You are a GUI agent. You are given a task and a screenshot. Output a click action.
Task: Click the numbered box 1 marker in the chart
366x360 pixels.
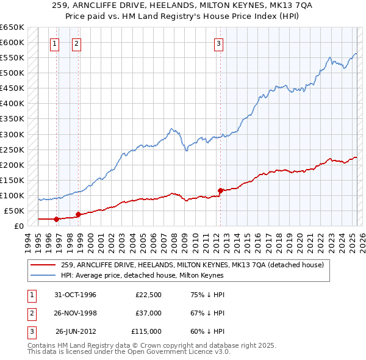click(x=55, y=43)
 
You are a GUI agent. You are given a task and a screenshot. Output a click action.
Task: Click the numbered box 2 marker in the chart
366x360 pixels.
click(x=77, y=43)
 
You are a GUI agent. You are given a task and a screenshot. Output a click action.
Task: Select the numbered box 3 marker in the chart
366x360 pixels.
click(x=218, y=43)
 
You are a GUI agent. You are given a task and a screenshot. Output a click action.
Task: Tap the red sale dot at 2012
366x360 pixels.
click(x=220, y=190)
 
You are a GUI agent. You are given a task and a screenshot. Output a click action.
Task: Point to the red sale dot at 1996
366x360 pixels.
click(x=57, y=219)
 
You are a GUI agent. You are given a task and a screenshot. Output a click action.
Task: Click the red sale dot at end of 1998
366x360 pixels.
click(x=78, y=214)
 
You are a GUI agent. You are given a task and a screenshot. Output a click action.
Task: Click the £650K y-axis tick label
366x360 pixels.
click(x=12, y=27)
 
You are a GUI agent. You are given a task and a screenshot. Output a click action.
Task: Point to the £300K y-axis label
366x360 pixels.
click(x=12, y=134)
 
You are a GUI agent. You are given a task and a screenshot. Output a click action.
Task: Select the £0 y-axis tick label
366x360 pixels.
click(x=19, y=226)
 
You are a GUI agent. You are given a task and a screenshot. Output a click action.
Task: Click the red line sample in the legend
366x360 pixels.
click(x=43, y=265)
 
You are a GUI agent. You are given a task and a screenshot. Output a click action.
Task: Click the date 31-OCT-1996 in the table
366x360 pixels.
click(x=76, y=295)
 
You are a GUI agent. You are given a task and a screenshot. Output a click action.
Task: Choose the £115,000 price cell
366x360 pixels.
click(x=146, y=331)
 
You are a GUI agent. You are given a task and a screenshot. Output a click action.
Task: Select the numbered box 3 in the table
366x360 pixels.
click(x=30, y=331)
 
